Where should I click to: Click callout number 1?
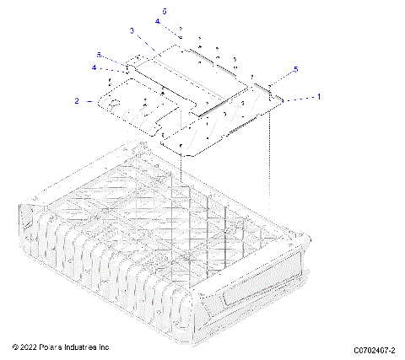(x=318, y=97)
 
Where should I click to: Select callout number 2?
(x=77, y=101)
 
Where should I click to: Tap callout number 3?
(x=132, y=30)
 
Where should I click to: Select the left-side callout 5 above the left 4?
(x=99, y=55)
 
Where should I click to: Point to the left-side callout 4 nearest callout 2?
(x=94, y=67)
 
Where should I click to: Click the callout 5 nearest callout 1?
(x=295, y=68)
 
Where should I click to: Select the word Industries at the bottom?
(x=87, y=347)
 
